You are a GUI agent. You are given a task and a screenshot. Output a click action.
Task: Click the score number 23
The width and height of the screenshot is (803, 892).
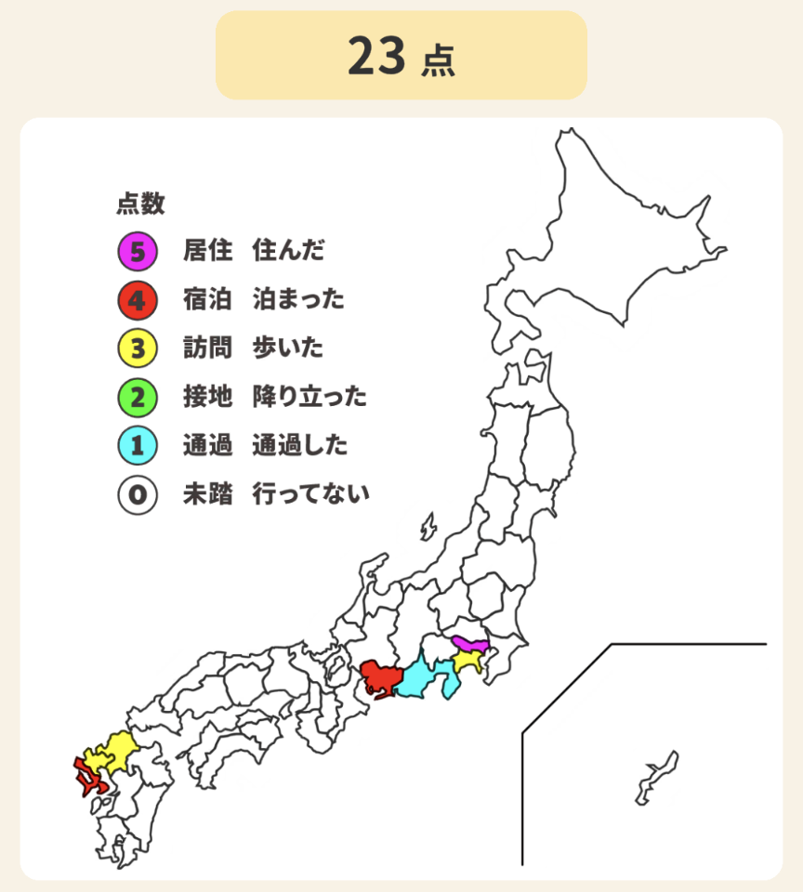tap(376, 56)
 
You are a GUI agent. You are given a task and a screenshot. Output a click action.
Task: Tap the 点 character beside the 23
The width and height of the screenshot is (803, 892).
tap(438, 59)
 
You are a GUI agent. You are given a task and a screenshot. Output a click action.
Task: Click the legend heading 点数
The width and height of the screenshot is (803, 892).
tap(140, 203)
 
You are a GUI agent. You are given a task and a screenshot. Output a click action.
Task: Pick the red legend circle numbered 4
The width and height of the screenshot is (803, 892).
tap(137, 299)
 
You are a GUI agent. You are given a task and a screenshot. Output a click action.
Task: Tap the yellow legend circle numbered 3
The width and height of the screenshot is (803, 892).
tap(137, 348)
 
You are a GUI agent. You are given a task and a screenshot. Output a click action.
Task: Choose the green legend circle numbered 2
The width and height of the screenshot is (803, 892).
tap(137, 398)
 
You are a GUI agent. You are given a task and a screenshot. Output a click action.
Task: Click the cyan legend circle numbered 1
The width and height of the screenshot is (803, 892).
tap(137, 446)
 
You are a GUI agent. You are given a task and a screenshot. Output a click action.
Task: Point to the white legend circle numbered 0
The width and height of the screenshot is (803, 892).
tap(137, 494)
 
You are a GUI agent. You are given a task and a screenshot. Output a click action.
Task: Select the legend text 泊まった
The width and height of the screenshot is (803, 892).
tap(298, 299)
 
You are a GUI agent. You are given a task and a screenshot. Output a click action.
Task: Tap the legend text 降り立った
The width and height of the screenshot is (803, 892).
tap(309, 398)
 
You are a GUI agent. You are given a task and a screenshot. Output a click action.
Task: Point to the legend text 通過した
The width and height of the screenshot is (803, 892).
tap(299, 446)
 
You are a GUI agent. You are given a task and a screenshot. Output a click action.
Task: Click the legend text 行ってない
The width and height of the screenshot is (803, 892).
tap(310, 494)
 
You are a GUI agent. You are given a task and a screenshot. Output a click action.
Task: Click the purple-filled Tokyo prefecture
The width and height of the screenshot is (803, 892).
tap(470, 645)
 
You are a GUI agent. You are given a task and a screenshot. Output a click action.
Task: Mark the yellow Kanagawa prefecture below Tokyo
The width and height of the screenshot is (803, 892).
tap(467, 662)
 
